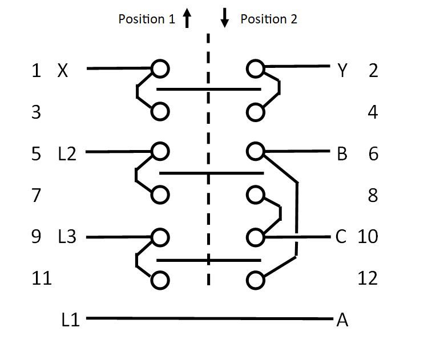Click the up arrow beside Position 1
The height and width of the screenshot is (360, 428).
187,18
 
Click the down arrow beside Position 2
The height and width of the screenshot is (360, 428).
225,18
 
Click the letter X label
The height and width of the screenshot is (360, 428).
63,70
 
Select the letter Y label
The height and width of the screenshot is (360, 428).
342,70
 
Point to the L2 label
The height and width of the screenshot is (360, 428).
67,153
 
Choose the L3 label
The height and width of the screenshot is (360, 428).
67,236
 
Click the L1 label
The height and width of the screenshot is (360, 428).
70,319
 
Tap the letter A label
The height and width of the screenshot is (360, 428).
342,320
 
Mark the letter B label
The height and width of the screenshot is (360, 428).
342,153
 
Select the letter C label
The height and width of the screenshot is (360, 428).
341,236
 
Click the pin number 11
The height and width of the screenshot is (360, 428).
42,278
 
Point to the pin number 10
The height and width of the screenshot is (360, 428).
368,236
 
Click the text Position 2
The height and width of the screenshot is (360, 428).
269,19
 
